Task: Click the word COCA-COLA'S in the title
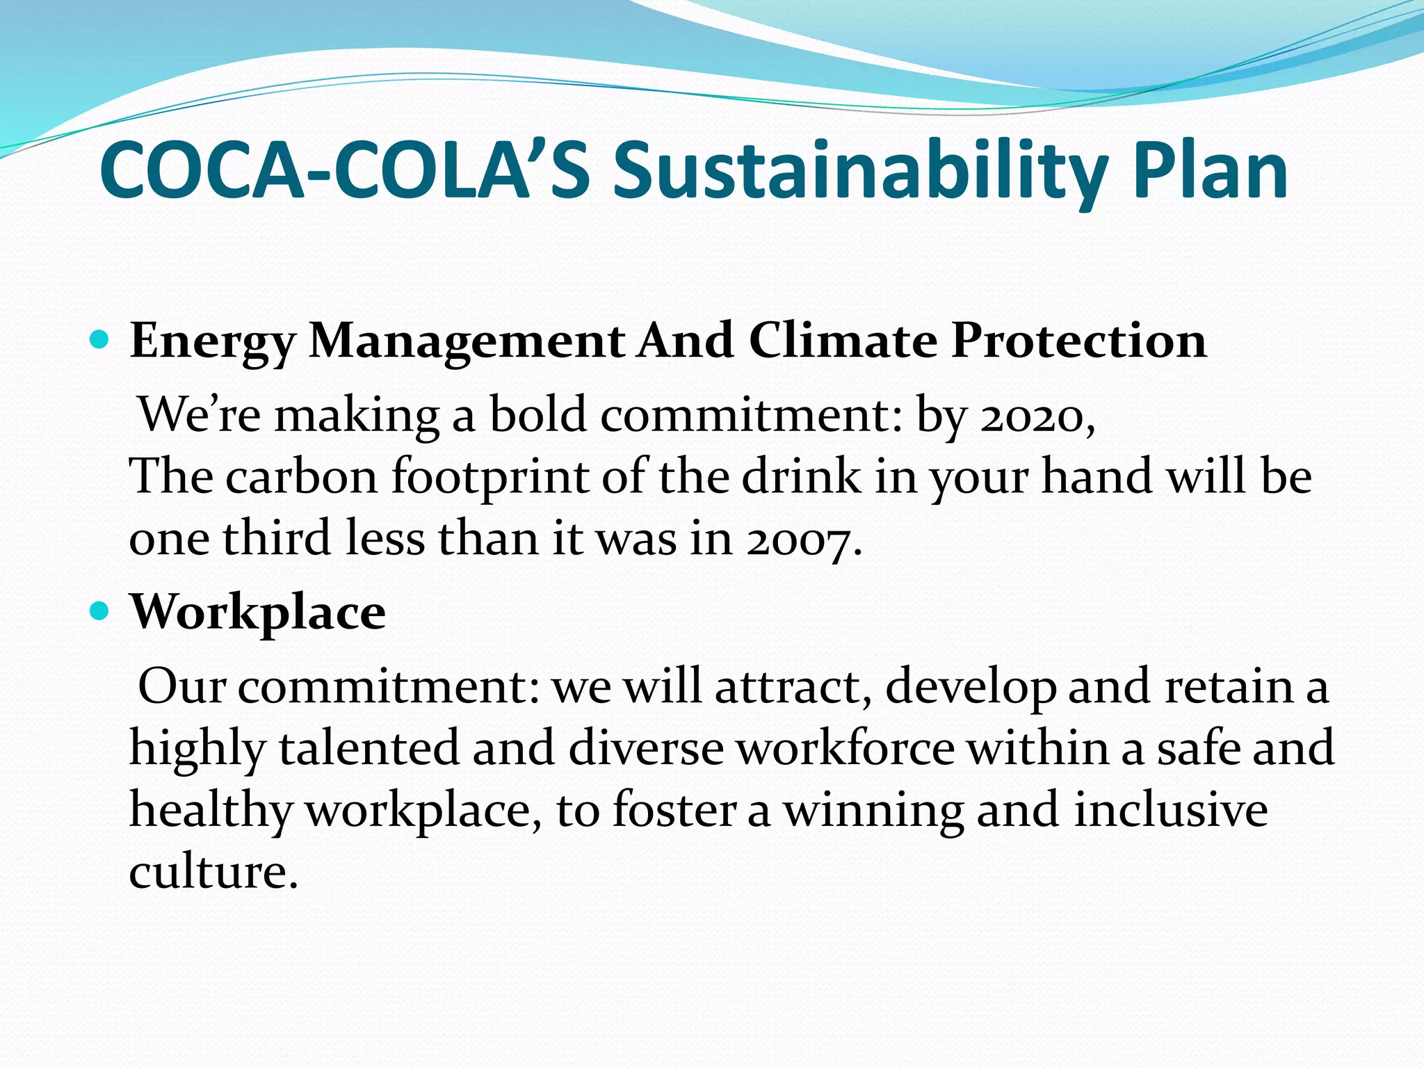pos(345,171)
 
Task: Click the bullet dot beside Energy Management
pos(101,340)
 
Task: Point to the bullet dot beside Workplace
pos(101,611)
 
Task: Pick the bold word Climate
pos(843,341)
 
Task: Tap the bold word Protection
pos(1078,341)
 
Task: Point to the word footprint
pos(490,478)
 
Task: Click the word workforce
pos(845,748)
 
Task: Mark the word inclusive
pos(1171,810)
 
